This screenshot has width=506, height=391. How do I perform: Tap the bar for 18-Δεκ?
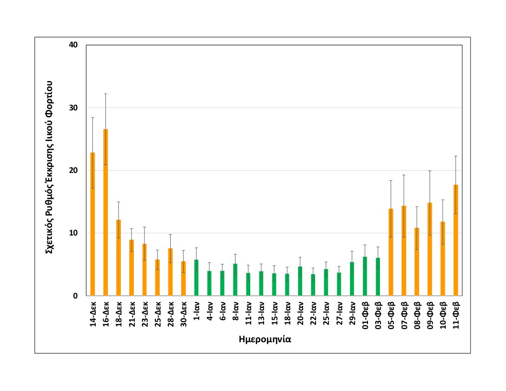[118, 258]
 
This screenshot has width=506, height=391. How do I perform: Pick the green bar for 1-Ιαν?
[196, 278]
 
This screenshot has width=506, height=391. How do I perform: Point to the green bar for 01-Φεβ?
[365, 276]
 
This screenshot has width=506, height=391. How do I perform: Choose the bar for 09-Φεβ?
[430, 249]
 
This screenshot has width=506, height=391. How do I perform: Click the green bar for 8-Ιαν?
[235, 280]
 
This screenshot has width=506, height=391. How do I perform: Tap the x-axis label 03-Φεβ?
[378, 315]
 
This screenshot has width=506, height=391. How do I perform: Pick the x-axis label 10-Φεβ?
[443, 315]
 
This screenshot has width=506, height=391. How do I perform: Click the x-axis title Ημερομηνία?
[266, 340]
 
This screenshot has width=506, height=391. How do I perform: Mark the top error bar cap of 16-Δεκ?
[105, 94]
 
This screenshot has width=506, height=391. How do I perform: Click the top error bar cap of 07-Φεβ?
[404, 175]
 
